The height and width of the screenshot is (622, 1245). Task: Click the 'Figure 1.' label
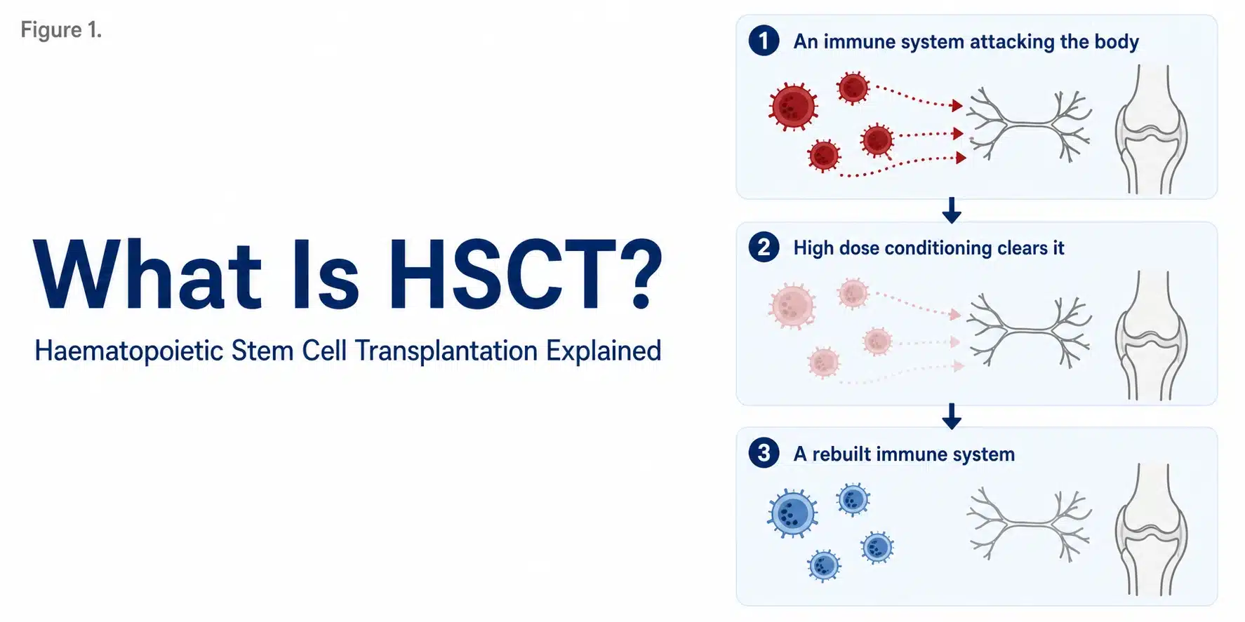(x=61, y=30)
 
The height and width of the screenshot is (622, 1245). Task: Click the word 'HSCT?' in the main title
(x=526, y=274)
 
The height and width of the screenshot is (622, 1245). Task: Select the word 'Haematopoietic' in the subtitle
(x=129, y=351)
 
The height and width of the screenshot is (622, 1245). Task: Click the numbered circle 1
(x=764, y=41)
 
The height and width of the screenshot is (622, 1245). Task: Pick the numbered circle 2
(x=764, y=247)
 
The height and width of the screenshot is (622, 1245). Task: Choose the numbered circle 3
(x=764, y=453)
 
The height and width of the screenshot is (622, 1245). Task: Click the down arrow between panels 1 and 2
(x=952, y=210)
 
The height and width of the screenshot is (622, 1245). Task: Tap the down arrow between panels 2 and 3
(x=952, y=417)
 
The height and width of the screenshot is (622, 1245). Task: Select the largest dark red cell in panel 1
(x=793, y=107)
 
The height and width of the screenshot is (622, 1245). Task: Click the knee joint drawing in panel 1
(x=1151, y=130)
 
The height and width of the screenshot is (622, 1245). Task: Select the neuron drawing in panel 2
(x=1029, y=330)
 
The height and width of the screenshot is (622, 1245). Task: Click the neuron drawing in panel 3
(x=1029, y=524)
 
